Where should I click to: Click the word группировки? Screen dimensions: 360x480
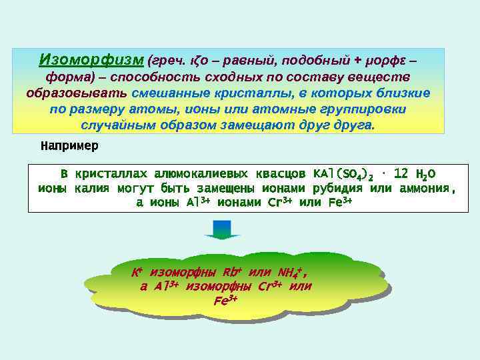[x=368, y=109]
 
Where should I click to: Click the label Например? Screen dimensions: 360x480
[x=69, y=145]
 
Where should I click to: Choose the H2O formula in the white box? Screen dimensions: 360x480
[x=425, y=174]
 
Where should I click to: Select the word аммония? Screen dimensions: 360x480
[x=424, y=188]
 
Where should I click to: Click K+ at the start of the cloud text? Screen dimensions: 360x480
[x=137, y=272]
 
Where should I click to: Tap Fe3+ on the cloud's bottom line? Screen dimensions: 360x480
[x=225, y=301]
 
